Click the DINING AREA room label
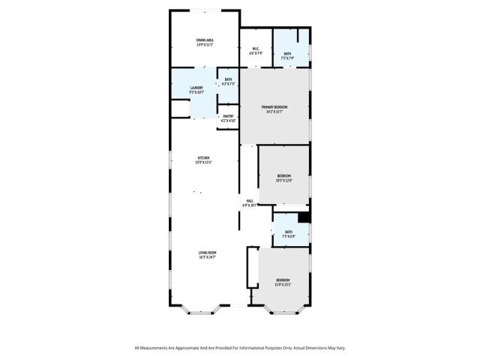205,40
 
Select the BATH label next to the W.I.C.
287,52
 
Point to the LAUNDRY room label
196,88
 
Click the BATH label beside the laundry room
228,79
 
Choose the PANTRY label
228,116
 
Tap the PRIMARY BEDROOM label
274,107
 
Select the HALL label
250,200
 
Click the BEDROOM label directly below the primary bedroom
284,175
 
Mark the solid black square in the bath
304,217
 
